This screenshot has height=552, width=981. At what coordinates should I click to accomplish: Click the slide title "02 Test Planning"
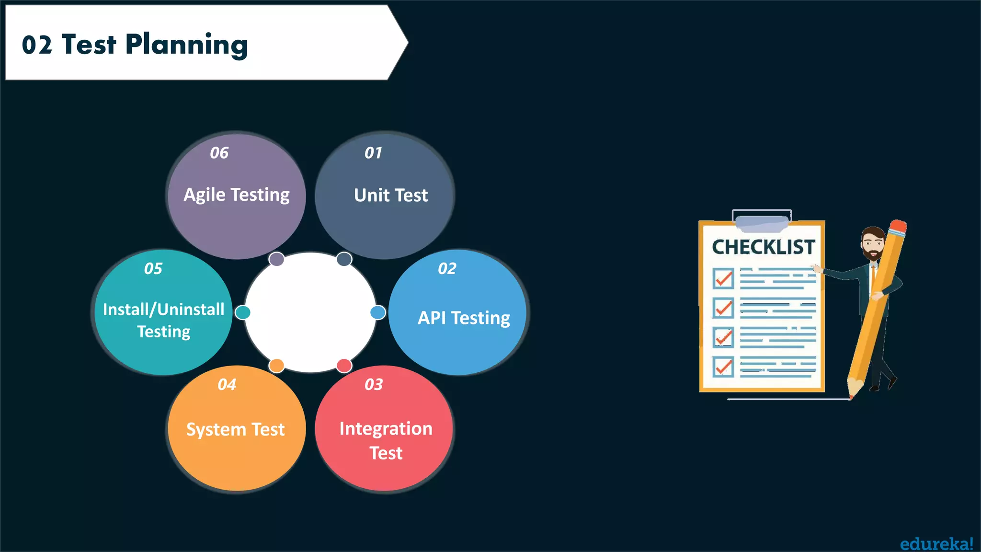coord(135,45)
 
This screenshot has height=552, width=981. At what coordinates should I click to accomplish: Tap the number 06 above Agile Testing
coord(219,153)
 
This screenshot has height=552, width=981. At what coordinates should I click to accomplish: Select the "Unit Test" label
coord(391,195)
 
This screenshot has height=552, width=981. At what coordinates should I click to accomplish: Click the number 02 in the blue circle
coord(447,269)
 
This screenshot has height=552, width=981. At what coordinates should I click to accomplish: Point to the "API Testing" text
coord(464,318)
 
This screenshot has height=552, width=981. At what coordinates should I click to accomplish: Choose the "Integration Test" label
coord(386,440)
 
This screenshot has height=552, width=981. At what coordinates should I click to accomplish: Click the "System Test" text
coord(235,429)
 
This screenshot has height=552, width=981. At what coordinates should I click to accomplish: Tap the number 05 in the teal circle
coord(153,269)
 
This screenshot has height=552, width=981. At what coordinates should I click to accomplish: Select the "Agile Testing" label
coord(237,195)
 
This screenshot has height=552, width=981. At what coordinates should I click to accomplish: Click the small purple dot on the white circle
coord(276,259)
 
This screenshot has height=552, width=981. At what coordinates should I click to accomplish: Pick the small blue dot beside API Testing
coord(378,312)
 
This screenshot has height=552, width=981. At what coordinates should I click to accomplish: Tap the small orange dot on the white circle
coord(276,366)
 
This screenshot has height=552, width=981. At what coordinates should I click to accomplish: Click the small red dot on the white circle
coord(344,366)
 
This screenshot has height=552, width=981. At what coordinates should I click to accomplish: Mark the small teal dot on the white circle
coord(243,312)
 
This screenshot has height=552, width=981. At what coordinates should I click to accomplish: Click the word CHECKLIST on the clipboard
coord(763,247)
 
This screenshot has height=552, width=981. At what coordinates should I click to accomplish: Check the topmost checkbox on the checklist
coord(723,278)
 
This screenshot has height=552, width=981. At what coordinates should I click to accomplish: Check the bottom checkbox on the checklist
coord(723,367)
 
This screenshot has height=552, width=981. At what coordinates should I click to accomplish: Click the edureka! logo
coord(936,544)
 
